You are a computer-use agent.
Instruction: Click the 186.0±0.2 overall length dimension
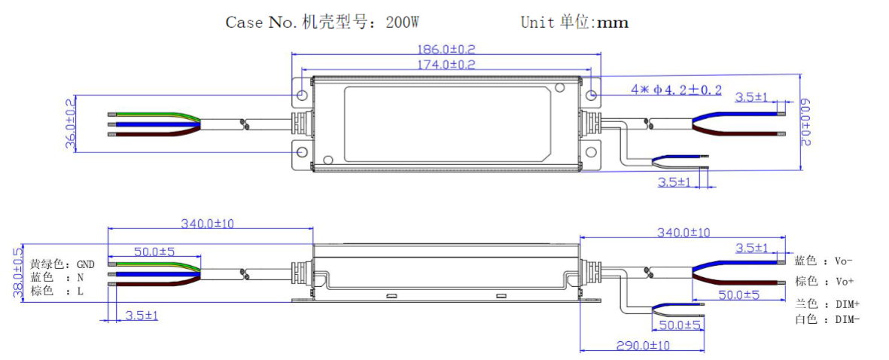[x=446, y=49]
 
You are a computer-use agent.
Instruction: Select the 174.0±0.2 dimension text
[x=446, y=65]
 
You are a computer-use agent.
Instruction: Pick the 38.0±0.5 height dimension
[x=17, y=274]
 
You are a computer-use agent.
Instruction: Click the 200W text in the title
[x=402, y=22]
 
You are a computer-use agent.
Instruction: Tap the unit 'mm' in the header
[x=612, y=22]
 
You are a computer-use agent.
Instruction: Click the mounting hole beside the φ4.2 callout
[x=592, y=96]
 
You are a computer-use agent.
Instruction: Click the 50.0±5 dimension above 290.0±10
[x=680, y=325]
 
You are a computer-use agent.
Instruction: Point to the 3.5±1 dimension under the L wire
[x=142, y=315]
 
